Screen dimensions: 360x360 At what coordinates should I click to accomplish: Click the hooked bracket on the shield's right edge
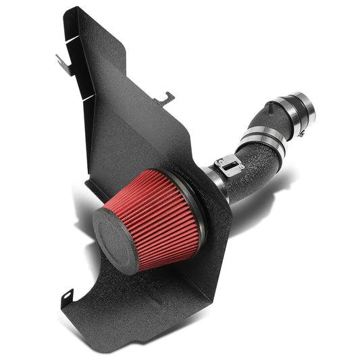pyautogui.click(x=164, y=99)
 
